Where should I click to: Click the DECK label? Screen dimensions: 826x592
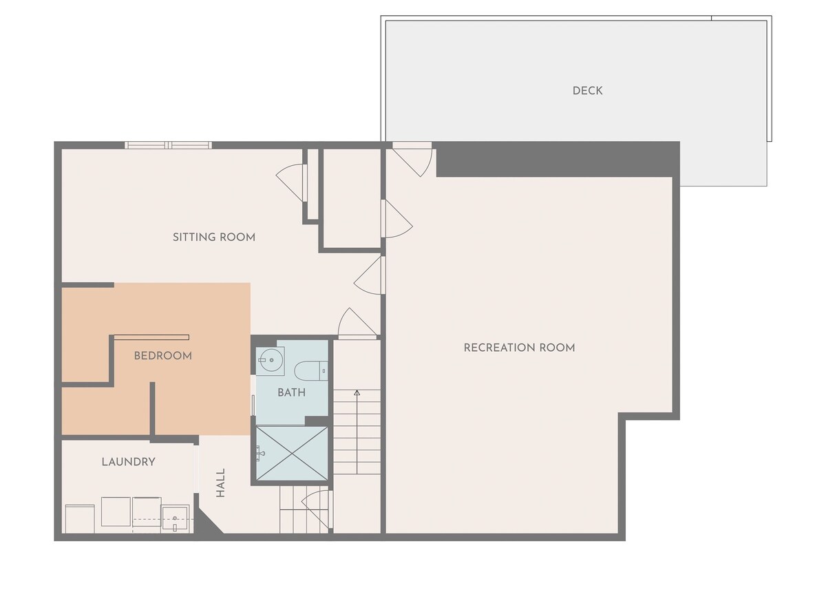587,91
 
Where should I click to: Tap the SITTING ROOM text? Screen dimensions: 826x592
214,237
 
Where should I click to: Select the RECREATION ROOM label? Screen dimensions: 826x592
519,348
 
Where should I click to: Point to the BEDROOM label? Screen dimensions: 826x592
162,356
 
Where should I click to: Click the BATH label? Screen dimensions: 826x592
291,392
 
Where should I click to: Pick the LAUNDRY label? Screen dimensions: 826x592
128,462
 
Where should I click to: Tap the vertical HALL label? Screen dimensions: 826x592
220,483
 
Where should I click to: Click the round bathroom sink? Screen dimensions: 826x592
271,359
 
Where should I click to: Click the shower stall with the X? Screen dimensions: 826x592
292,454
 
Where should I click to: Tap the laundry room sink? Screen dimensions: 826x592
175,518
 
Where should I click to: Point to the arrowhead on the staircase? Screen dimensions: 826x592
357,393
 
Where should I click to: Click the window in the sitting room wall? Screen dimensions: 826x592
168,145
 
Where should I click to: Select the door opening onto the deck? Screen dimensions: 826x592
412,160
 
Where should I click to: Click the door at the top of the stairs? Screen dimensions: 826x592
357,324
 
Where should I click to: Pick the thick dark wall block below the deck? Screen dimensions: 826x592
558,159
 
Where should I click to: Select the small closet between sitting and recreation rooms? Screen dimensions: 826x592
352,198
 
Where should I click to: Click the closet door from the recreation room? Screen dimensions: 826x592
397,219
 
